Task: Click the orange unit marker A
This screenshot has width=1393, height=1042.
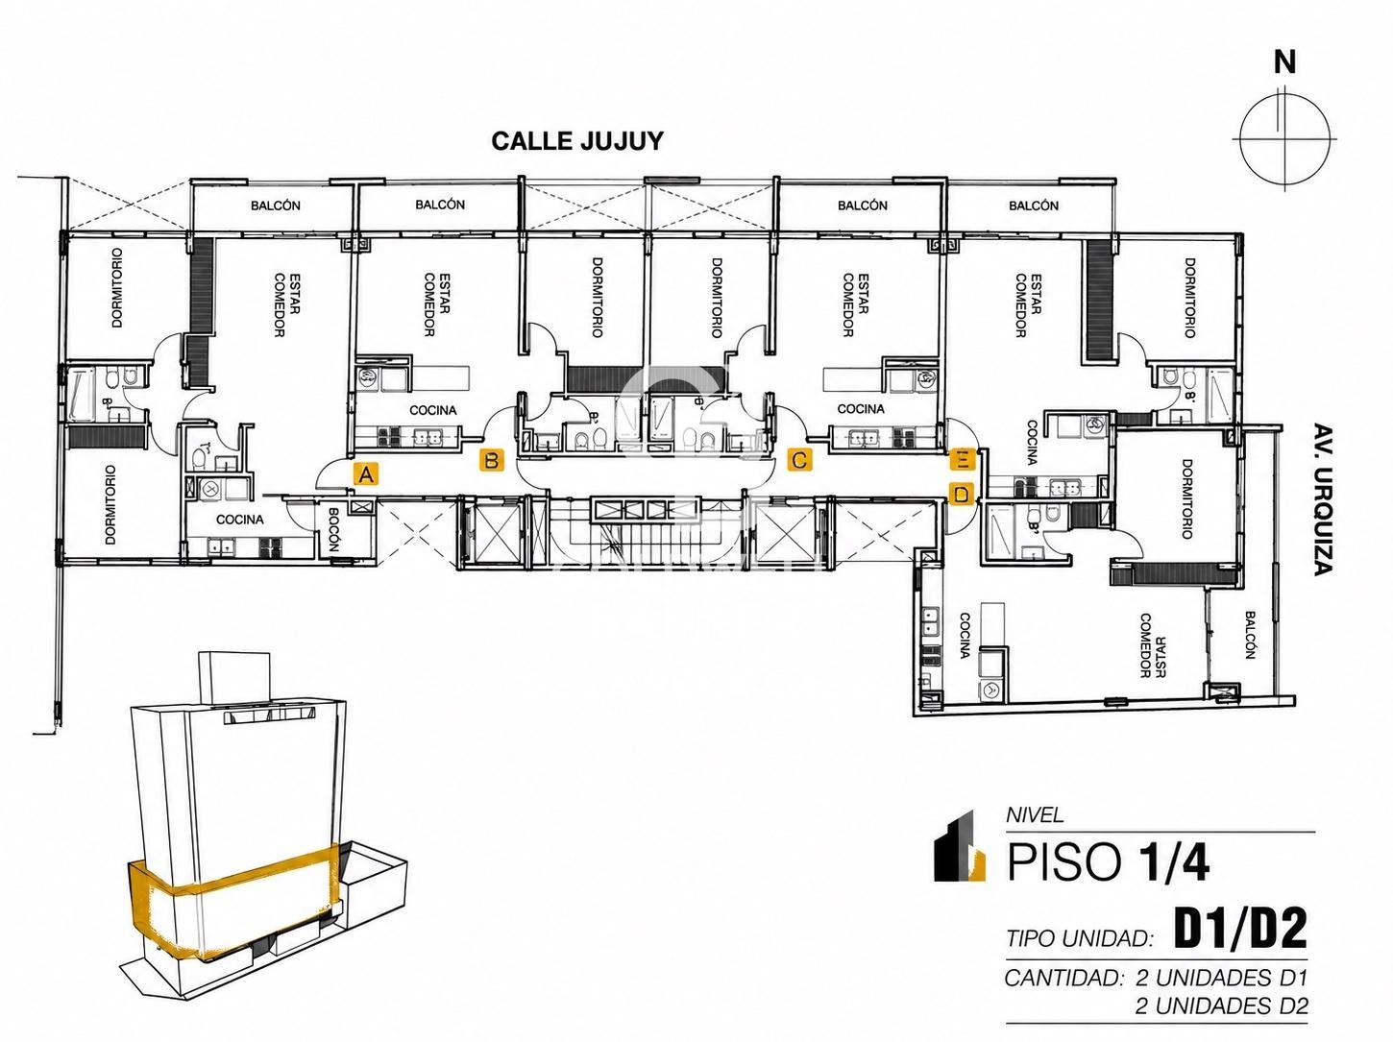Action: tap(366, 473)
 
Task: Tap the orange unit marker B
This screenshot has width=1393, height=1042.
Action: tap(491, 460)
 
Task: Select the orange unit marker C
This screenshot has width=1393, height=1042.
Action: tap(799, 459)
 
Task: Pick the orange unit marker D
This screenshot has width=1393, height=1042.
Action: tap(963, 494)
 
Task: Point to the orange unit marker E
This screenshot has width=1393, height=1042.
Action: tap(963, 459)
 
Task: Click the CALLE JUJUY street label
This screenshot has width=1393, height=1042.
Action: tap(577, 141)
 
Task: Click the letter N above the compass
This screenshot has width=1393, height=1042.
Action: tap(1284, 62)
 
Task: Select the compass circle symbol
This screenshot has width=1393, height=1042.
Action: tap(1284, 139)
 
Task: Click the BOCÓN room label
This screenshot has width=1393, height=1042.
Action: tap(335, 531)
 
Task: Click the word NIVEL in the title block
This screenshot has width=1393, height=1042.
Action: tap(1035, 815)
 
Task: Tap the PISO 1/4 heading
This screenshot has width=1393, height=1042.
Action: tap(1108, 862)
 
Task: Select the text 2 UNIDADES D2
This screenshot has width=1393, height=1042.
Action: tap(1221, 1006)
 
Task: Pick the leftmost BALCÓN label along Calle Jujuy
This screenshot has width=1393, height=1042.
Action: tap(276, 206)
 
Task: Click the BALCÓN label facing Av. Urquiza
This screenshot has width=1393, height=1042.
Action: tap(1250, 635)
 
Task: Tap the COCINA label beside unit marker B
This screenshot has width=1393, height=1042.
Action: tap(433, 410)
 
